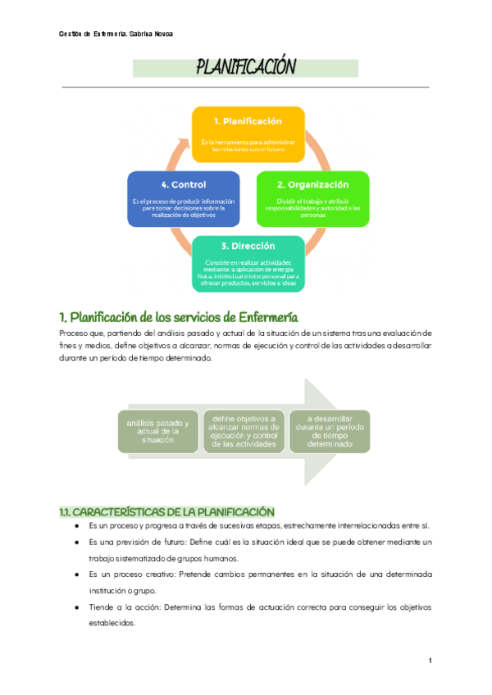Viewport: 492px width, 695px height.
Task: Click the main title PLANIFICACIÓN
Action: tap(245, 67)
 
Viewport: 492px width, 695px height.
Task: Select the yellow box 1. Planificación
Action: tap(248, 134)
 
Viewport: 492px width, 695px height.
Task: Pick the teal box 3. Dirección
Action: tap(248, 263)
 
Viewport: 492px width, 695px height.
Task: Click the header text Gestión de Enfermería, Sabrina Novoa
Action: tap(116, 34)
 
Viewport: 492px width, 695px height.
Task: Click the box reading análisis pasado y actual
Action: tap(158, 431)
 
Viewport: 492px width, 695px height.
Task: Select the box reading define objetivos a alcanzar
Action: tap(245, 431)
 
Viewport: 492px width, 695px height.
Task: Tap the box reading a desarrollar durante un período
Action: tap(330, 431)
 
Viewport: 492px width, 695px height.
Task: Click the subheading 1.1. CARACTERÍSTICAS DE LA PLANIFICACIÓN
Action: tap(166, 511)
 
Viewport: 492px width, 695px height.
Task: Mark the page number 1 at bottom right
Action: tap(430, 661)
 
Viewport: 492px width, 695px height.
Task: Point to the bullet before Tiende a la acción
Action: tap(76, 607)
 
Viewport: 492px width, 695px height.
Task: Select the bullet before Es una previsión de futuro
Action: tap(76, 543)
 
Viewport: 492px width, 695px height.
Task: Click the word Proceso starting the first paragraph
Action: tap(73, 334)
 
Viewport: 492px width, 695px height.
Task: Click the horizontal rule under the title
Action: tap(245, 86)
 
